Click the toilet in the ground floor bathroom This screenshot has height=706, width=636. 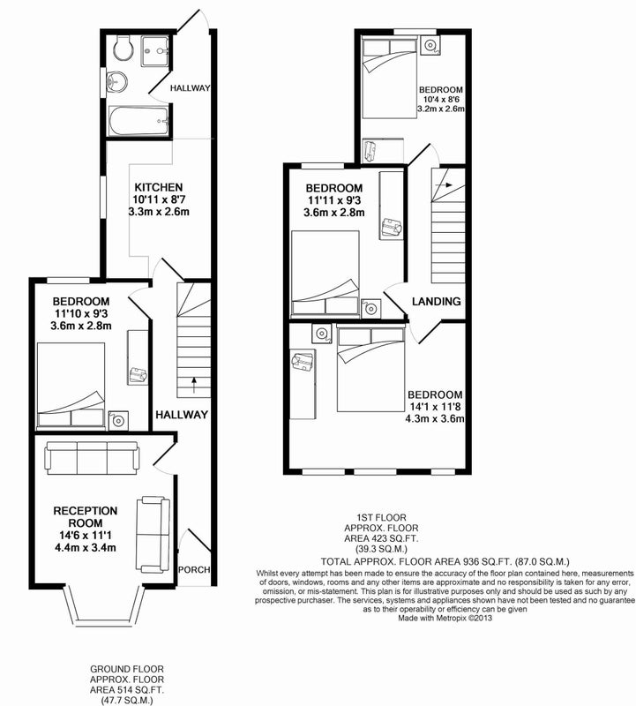pos(123,49)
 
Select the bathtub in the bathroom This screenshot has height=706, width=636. pos(138,121)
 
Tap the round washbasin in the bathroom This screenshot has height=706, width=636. pos(117,82)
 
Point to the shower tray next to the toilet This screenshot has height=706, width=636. pos(155,52)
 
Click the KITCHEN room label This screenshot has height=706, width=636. pos(159,187)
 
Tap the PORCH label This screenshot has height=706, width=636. pos(194,569)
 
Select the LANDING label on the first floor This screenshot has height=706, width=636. pos(436,301)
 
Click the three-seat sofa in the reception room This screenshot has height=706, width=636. pos(92,458)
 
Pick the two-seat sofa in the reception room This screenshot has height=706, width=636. pos(153,534)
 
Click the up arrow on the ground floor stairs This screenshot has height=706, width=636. pos(194,386)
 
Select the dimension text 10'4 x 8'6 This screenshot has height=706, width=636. pos(441,99)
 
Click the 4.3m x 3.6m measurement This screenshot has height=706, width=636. pos(435,418)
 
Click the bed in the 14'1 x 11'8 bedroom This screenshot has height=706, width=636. pos(370,369)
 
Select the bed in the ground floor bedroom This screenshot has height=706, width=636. pos(71,385)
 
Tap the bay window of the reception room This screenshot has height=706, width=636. pos(104,605)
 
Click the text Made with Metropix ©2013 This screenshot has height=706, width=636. pos(445,619)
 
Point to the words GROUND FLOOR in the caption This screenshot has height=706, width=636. pos(127,670)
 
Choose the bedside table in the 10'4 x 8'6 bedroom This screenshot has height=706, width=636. pos(430,46)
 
